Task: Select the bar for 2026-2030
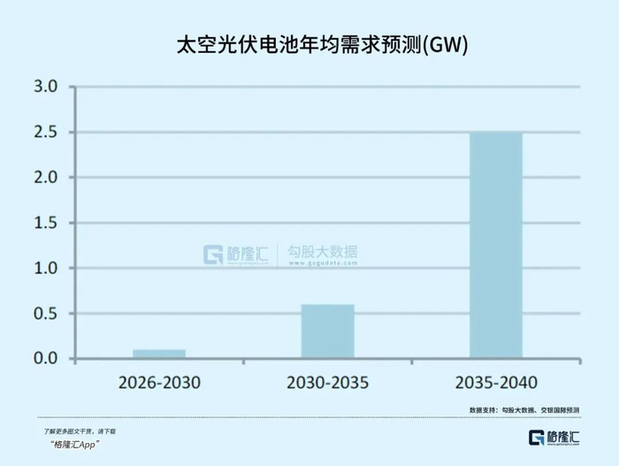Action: click(x=159, y=354)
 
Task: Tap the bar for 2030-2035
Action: click(x=327, y=332)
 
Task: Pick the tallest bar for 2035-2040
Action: click(x=495, y=245)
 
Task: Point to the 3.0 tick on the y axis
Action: click(x=45, y=87)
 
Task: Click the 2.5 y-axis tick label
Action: click(x=45, y=133)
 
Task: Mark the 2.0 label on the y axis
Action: click(x=45, y=178)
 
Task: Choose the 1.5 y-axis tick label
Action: click(x=45, y=223)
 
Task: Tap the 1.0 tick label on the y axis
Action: click(x=45, y=268)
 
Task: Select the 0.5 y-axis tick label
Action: click(x=45, y=314)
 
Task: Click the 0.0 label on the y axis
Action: click(x=45, y=359)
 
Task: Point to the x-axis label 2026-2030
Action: click(x=159, y=383)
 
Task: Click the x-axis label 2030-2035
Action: click(x=327, y=383)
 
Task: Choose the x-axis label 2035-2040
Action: click(x=495, y=383)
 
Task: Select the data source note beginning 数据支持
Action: click(x=524, y=410)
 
